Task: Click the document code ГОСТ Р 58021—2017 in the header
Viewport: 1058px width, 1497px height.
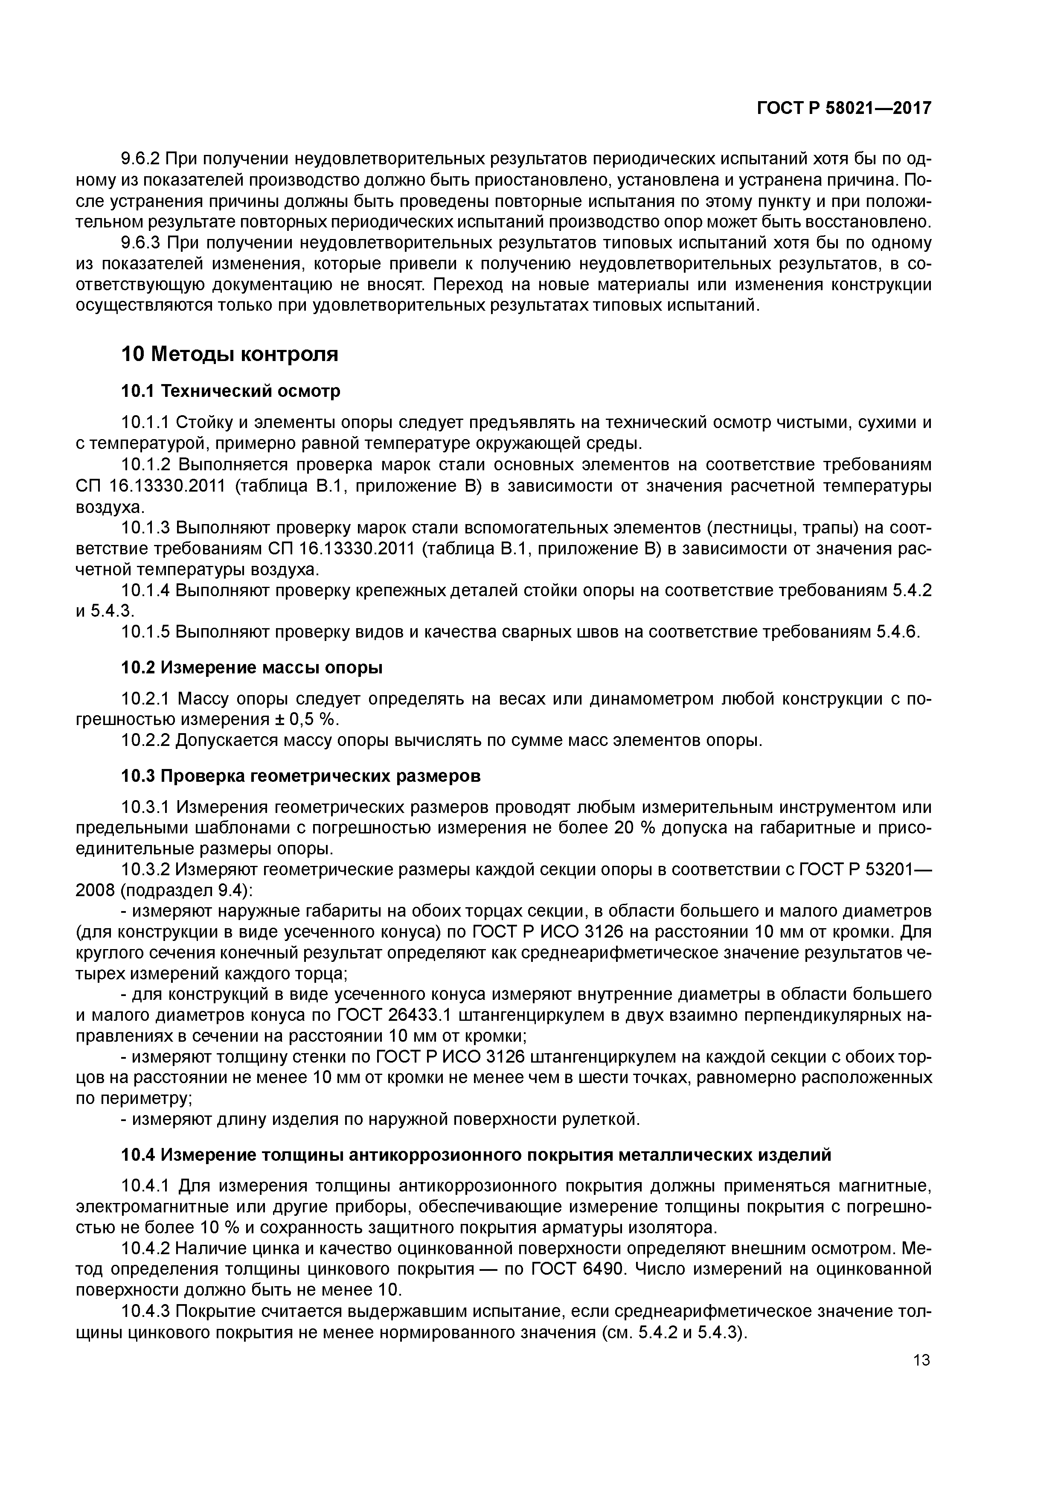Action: coord(843,108)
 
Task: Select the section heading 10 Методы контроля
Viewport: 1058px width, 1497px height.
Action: coord(230,354)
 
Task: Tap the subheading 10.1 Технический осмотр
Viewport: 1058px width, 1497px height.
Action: coord(231,391)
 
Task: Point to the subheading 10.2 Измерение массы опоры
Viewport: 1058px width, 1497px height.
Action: coord(252,668)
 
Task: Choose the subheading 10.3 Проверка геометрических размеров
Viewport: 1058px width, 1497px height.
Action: coord(301,777)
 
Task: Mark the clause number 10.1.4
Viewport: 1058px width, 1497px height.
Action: coord(145,591)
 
